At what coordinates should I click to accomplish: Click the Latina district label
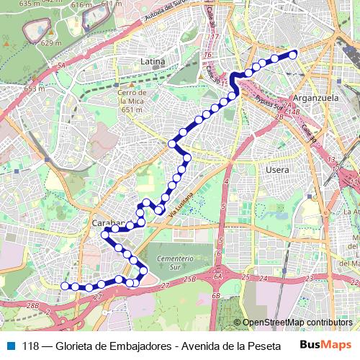153,62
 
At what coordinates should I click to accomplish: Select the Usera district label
277,170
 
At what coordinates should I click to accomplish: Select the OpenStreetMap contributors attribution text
297,323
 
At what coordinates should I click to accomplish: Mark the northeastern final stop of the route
293,53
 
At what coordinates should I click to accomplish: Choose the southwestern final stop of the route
64,286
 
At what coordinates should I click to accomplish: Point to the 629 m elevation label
51,43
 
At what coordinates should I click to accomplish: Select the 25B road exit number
189,279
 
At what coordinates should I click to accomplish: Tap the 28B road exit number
32,306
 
